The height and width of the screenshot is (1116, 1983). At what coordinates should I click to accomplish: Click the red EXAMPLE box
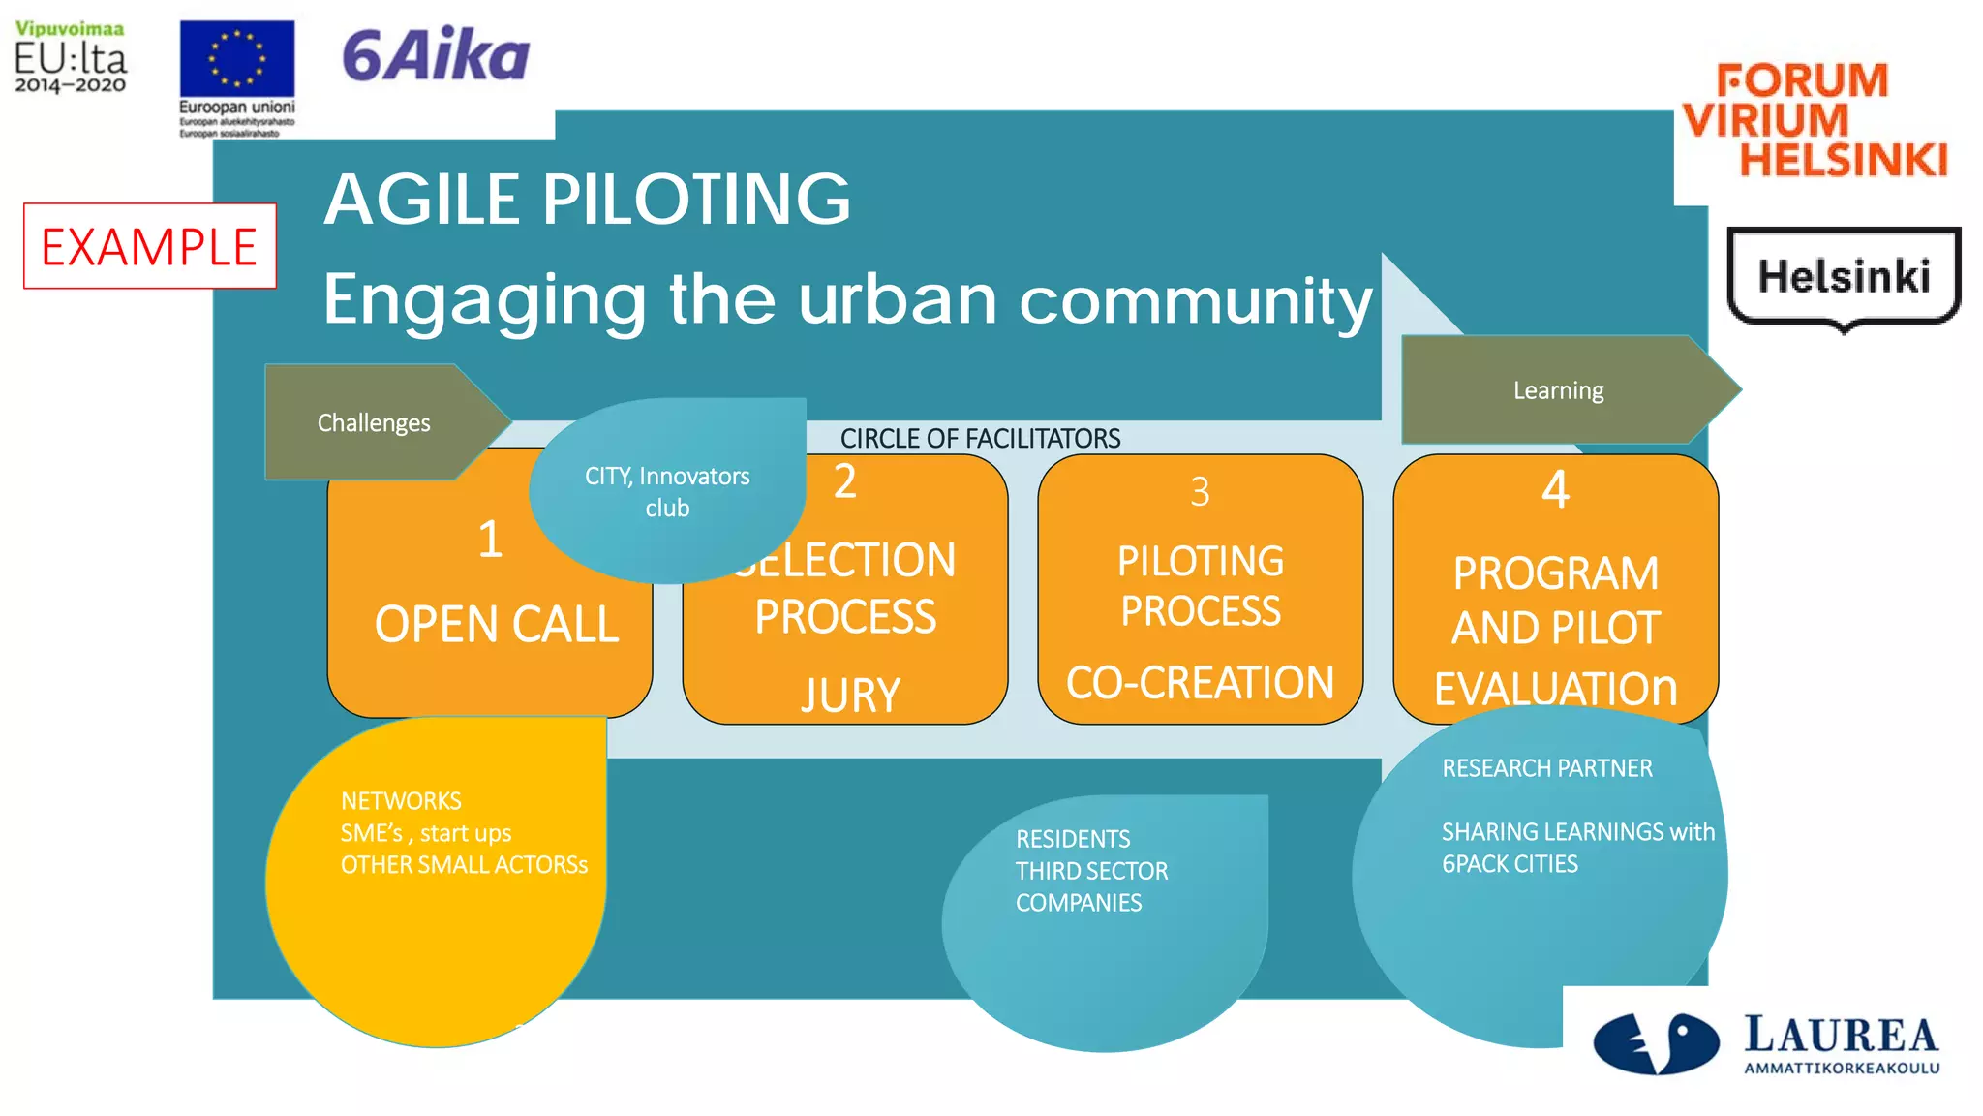pos(149,246)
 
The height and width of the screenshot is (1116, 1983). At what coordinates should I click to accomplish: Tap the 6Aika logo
pos(435,55)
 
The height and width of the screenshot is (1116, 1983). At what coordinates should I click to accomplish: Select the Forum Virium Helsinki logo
pos(1815,120)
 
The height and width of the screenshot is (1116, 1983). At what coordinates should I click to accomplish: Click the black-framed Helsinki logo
pos(1844,277)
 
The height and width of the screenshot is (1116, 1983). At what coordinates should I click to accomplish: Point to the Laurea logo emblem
pos(1655,1043)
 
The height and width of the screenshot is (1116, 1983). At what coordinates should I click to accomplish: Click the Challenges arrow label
pos(374,423)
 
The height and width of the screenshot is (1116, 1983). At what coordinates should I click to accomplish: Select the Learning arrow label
pos(1558,390)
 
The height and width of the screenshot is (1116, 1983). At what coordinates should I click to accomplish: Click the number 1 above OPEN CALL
pos(490,540)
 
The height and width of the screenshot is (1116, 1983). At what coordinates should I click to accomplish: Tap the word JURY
pos(850,696)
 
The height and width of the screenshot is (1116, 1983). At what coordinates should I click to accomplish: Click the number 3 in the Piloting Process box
pos(1200,492)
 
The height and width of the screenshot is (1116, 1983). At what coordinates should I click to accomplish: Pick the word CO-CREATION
pos(1200,683)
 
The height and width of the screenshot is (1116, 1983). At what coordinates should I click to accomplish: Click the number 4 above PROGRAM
pos(1555,490)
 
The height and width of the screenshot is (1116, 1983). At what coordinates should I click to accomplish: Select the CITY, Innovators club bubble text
pos(667,492)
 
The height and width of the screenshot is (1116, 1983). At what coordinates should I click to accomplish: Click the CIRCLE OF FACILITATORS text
pos(980,439)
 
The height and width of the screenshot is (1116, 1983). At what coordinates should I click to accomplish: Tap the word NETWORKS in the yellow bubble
pos(401,801)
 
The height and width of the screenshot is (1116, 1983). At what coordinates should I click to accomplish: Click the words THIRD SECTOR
pos(1091,871)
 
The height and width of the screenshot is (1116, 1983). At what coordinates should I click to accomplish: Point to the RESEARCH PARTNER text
pos(1546,768)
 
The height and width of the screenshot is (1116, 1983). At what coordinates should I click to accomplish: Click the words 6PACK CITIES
pos(1510,864)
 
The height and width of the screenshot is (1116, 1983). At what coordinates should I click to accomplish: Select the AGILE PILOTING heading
pos(587,200)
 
